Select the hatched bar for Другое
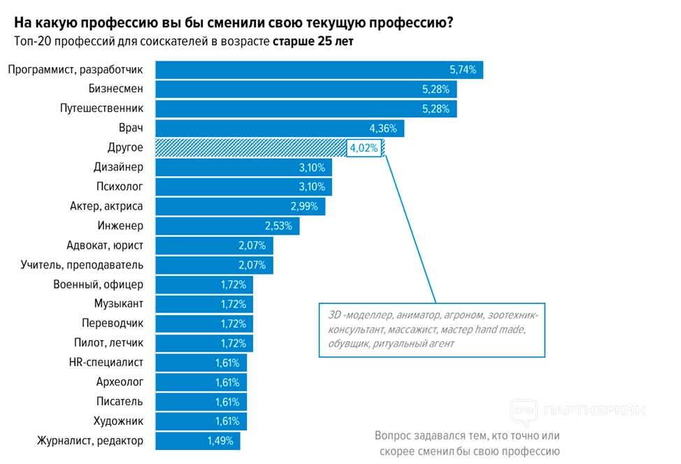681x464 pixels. tap(250, 148)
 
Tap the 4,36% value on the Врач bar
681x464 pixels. tap(382, 129)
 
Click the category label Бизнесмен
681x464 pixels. tap(116, 89)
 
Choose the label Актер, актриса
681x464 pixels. tap(106, 207)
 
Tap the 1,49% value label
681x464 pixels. tap(221, 441)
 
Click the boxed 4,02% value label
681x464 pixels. tap(364, 148)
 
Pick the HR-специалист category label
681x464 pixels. tap(106, 363)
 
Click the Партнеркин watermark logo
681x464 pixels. tap(578, 410)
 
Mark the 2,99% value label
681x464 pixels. tap(304, 207)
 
